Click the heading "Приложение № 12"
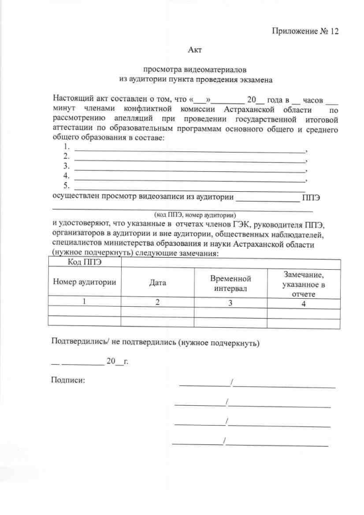coord(305,31)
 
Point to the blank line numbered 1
coord(191,151)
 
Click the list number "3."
coord(67,166)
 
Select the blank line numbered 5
coord(191,186)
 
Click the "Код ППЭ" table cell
coord(85,262)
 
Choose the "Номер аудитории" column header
coord(85,282)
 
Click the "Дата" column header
coord(158,282)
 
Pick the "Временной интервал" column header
coord(230,282)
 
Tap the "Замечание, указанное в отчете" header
coord(303,282)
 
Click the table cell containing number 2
coord(158,302)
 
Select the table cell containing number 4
coord(303,302)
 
